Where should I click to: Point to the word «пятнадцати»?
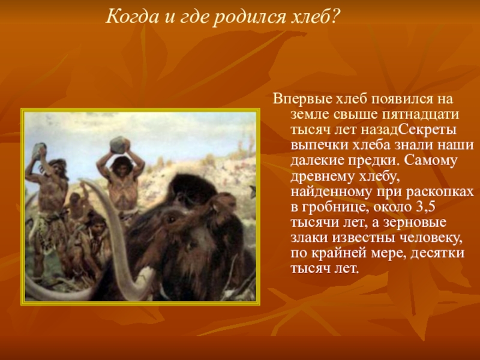[421, 115]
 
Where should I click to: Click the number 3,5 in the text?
[425, 207]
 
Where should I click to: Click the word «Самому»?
[430, 161]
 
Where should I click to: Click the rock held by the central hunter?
[118, 145]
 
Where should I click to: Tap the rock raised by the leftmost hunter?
[38, 151]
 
